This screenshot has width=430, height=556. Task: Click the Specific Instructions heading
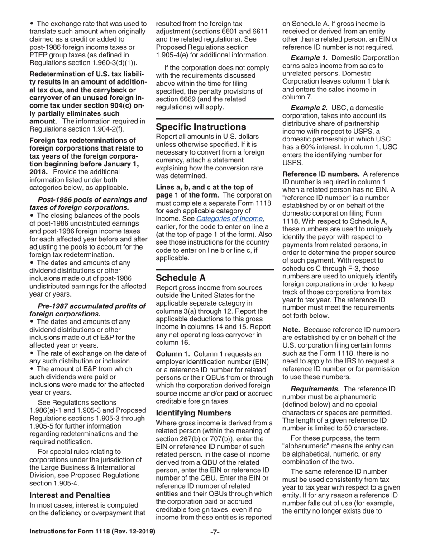click(201, 127)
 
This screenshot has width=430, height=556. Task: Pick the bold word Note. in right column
click(291, 330)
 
